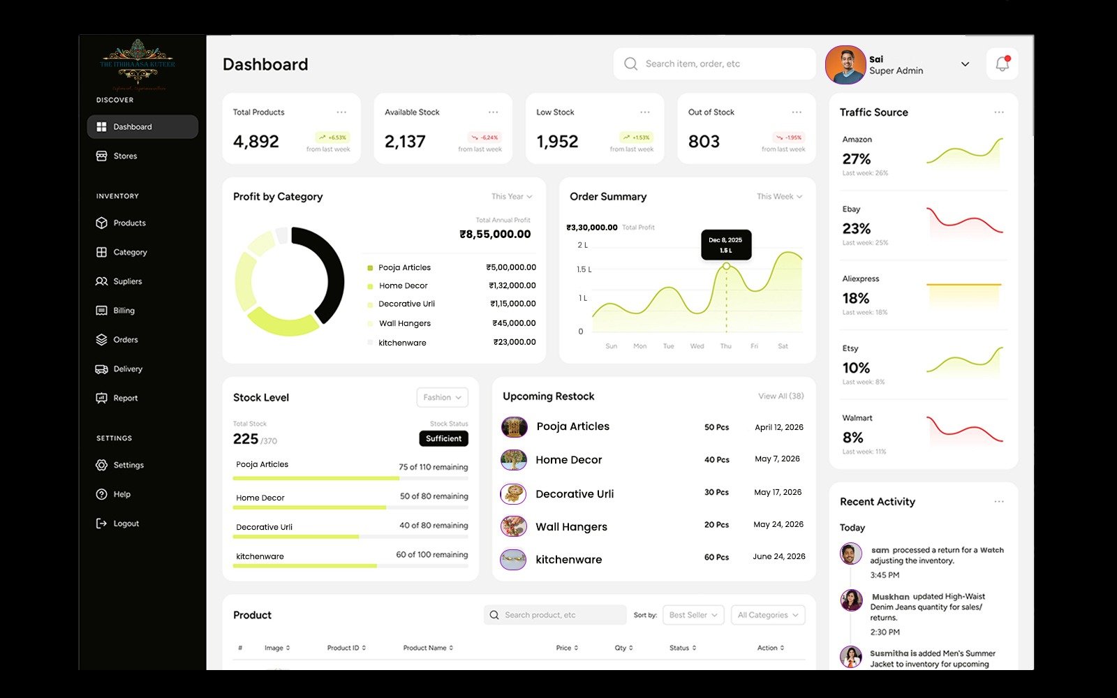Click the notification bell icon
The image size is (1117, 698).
[x=1002, y=64]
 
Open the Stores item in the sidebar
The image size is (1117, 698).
[x=125, y=156]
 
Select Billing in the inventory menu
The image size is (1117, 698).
[x=124, y=311]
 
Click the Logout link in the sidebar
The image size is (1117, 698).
[x=126, y=523]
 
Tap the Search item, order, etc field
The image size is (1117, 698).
[x=714, y=64]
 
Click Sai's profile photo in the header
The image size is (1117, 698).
[x=845, y=65]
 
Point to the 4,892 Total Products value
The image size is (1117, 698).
[x=256, y=142]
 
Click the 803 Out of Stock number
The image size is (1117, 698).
[x=704, y=142]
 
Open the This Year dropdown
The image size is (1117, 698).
[x=512, y=197]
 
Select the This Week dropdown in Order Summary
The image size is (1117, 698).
[x=779, y=197]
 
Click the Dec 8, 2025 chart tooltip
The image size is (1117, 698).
[x=726, y=245]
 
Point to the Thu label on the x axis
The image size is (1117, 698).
[x=726, y=346]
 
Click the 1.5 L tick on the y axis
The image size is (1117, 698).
[x=584, y=269]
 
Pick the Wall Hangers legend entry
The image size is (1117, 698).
[x=405, y=324]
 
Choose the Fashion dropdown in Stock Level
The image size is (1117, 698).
[x=442, y=397]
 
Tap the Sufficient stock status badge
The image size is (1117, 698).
[x=443, y=438]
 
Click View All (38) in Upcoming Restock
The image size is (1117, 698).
[x=781, y=396]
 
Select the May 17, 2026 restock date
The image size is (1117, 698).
[x=778, y=493]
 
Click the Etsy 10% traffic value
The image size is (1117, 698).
[x=856, y=368]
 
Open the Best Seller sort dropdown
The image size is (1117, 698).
[x=693, y=615]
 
